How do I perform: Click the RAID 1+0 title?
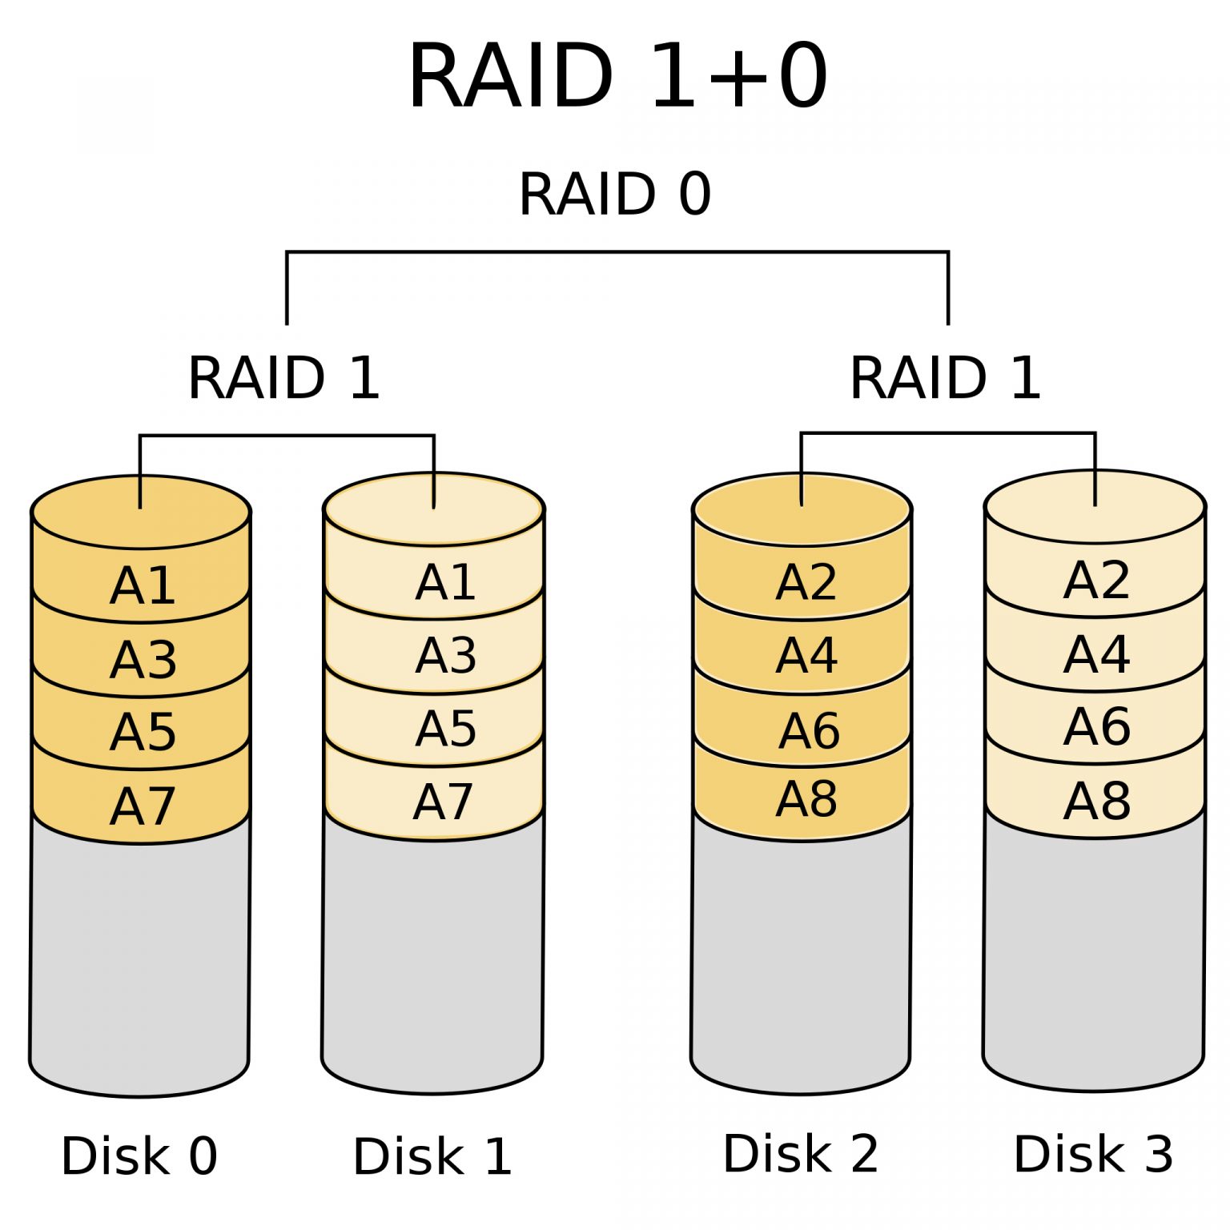(617, 77)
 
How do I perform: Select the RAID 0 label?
(615, 195)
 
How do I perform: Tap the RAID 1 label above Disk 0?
(283, 378)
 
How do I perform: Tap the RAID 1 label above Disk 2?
(945, 378)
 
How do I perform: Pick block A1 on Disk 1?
(445, 582)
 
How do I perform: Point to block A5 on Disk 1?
(445, 729)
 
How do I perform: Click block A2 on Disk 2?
(806, 582)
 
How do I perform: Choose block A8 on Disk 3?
(1096, 801)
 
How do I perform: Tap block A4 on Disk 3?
(1096, 654)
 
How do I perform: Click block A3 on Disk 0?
(143, 660)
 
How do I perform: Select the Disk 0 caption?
(139, 1156)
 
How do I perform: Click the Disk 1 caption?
(432, 1156)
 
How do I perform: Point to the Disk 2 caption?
(801, 1153)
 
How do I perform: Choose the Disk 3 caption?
(1093, 1154)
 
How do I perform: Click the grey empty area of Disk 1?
(432, 961)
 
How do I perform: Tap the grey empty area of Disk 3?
(1094, 961)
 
